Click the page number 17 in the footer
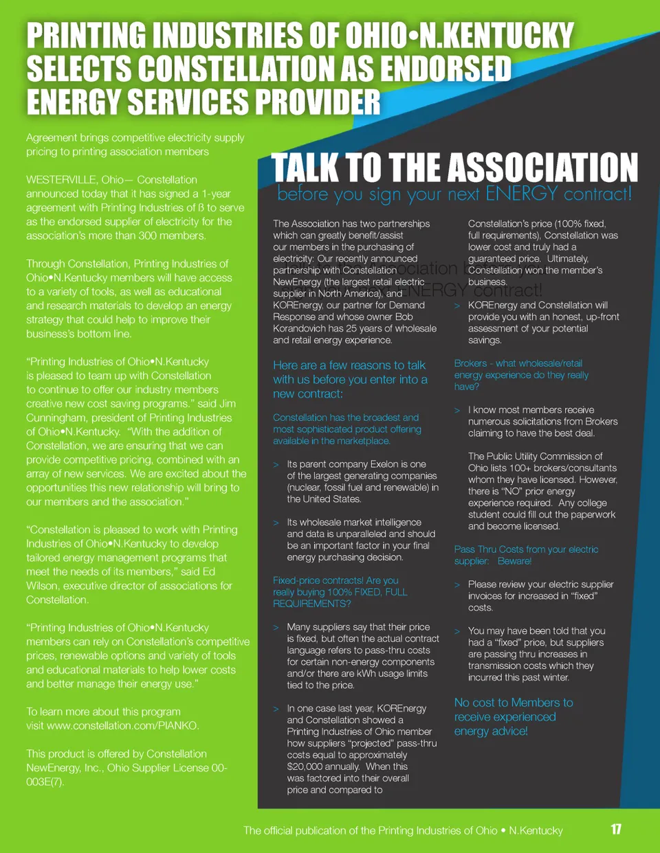pos(616,829)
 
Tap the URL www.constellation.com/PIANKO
pos(123,726)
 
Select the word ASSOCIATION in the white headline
pos(544,168)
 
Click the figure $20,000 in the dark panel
pos(304,766)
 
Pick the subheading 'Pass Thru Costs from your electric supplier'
pos(526,555)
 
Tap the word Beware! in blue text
pos(514,561)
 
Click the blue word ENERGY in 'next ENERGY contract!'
pos(521,194)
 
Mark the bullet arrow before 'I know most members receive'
pos(457,411)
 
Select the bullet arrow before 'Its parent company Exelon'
pos(276,465)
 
